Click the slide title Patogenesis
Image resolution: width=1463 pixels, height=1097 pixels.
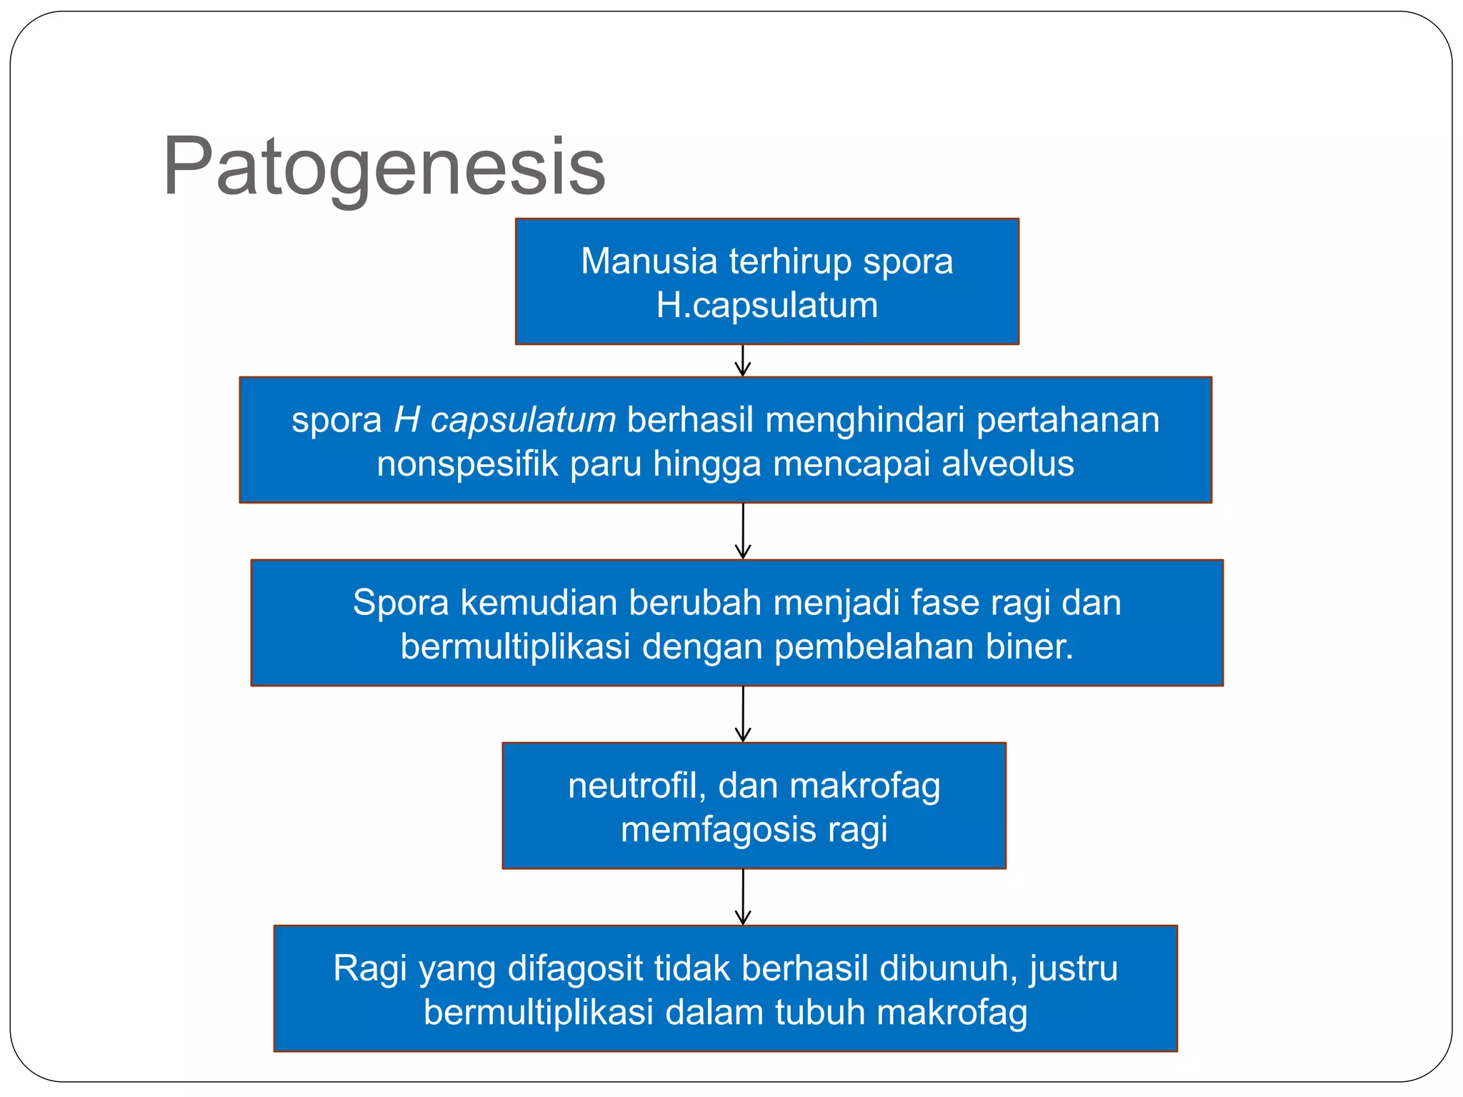pos(384,168)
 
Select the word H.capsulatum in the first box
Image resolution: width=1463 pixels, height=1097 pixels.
pos(767,306)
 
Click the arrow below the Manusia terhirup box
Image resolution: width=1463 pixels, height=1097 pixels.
pos(743,361)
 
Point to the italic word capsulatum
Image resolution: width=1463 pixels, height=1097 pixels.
pos(523,420)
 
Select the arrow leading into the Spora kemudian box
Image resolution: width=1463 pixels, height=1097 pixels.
pos(743,531)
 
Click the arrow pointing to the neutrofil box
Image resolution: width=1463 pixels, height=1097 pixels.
pos(743,714)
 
